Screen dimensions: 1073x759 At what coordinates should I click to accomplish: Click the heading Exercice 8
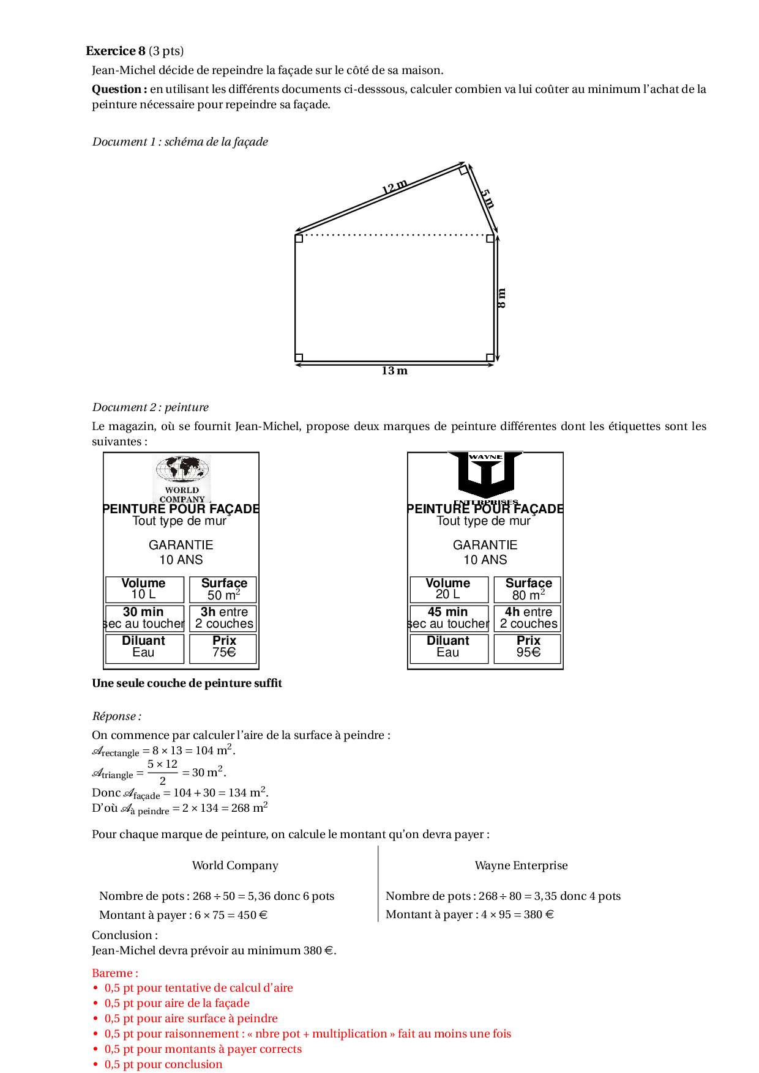pos(116,51)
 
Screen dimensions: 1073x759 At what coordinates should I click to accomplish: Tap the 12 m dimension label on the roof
pos(395,186)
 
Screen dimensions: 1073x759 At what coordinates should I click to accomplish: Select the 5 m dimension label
pos(487,199)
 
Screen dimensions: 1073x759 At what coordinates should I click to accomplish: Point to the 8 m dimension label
pos(502,298)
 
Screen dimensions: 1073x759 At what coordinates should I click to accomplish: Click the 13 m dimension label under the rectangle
pos(394,371)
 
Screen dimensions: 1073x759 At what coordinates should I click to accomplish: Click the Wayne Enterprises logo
pos(485,476)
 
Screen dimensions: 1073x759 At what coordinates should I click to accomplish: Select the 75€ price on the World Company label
pos(224,652)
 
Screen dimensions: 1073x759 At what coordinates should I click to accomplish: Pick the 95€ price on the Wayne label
pos(528,652)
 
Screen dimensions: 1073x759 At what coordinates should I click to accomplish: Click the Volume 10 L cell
pos(144,589)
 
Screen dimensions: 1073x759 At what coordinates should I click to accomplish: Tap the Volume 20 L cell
pos(448,589)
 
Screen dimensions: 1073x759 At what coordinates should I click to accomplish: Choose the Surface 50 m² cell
pos(224,589)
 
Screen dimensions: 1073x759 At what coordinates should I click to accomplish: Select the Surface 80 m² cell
pos(528,589)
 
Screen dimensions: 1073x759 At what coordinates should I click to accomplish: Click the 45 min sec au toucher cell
pos(448,618)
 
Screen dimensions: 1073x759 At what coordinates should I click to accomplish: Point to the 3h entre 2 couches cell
pos(224,618)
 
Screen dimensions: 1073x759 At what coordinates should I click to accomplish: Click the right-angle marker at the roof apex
pos(464,170)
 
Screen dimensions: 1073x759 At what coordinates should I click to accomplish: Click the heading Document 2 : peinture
pos(151,407)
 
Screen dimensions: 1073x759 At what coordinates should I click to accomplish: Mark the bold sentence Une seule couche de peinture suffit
pos(187,683)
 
